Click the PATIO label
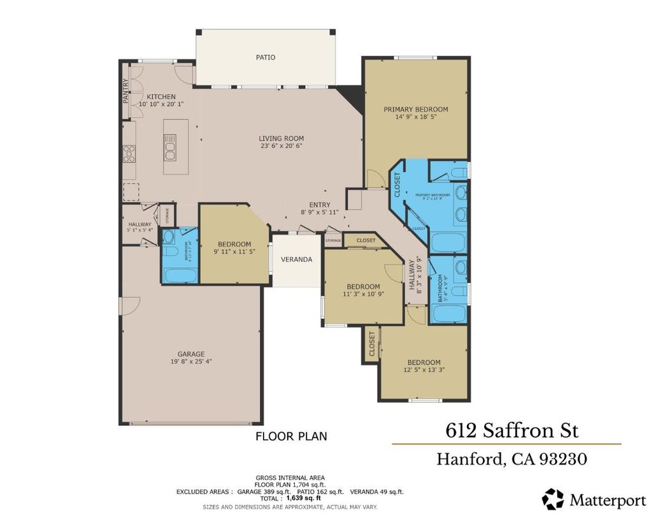(x=265, y=58)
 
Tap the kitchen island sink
(x=170, y=152)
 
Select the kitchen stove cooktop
(x=129, y=154)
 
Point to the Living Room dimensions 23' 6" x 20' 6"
(x=281, y=146)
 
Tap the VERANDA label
(x=297, y=260)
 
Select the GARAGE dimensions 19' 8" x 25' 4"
(x=191, y=362)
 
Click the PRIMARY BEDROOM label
(x=416, y=109)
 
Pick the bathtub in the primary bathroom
(x=448, y=242)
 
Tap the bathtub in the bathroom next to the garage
(x=180, y=276)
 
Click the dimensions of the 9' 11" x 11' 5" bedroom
(x=234, y=252)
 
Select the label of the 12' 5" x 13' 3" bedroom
(x=423, y=362)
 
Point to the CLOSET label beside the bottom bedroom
(x=372, y=345)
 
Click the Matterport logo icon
(x=553, y=499)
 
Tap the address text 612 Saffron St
(x=512, y=430)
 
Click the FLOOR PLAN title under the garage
(x=291, y=437)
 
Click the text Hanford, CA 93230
(x=512, y=459)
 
